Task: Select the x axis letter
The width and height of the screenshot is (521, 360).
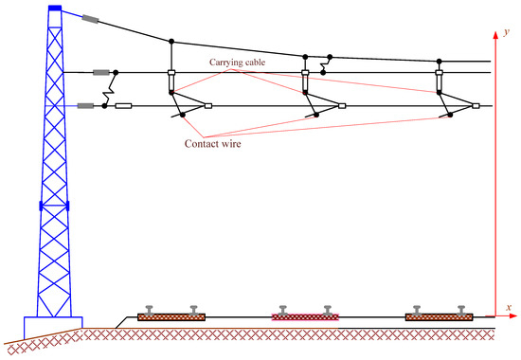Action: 509,308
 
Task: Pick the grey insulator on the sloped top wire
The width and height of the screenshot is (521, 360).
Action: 91,18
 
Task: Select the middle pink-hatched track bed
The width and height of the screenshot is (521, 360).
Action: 304,315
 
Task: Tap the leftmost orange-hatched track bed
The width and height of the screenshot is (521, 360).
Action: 171,315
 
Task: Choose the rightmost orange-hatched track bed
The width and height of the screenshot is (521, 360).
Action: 439,315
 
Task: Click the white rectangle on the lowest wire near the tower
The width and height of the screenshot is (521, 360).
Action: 123,106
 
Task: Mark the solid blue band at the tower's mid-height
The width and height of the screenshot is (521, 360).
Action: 54,206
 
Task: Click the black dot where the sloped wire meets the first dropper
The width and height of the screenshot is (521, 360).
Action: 171,42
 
